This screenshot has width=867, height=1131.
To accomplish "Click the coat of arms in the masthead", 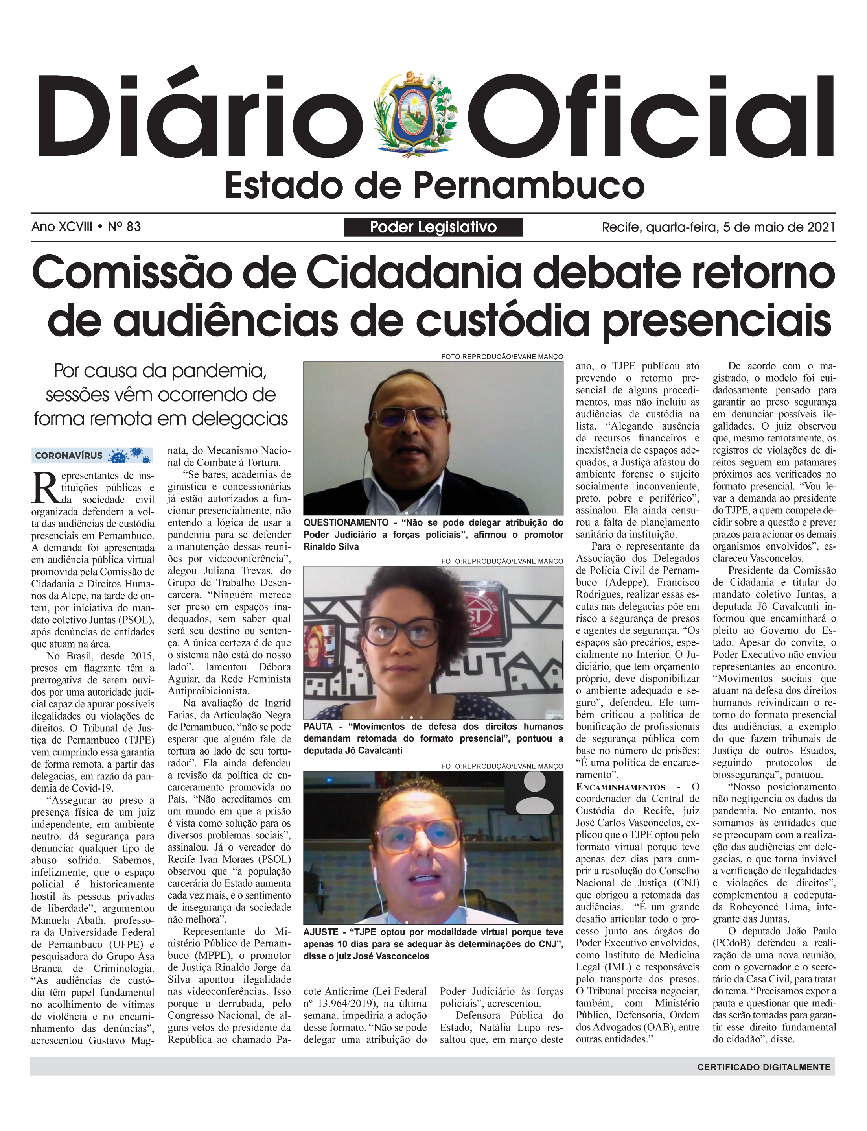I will click(418, 114).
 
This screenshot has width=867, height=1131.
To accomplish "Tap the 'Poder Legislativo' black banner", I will click(433, 227).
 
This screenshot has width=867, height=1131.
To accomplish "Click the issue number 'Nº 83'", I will click(124, 227).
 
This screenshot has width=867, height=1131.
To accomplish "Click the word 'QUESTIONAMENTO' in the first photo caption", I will click(346, 522).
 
